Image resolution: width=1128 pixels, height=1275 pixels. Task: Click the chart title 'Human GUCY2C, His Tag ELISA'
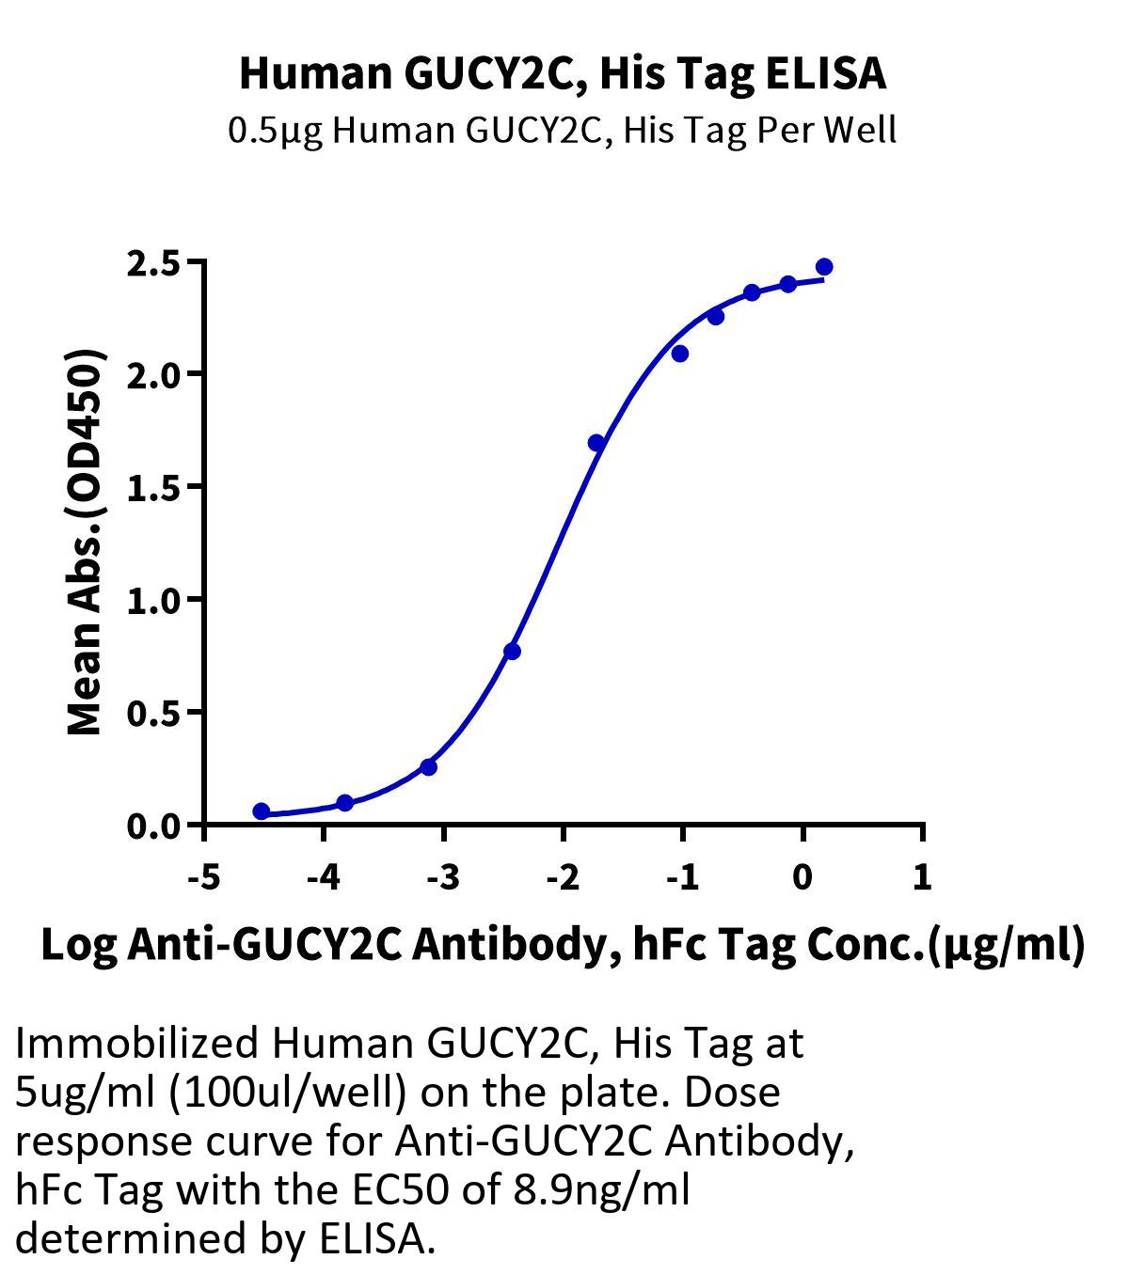[x=563, y=73]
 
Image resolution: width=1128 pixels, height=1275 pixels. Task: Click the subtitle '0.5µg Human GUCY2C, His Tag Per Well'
[x=562, y=130]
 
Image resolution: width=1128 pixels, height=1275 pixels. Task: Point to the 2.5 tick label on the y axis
[x=153, y=263]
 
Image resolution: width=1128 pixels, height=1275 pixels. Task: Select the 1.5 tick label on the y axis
[x=153, y=488]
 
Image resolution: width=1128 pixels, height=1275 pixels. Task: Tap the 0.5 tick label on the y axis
[x=153, y=714]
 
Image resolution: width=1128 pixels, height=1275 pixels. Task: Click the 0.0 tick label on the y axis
[x=153, y=826]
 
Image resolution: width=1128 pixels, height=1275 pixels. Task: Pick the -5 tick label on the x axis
[x=203, y=878]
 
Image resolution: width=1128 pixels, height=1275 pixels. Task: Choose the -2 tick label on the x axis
[x=562, y=878]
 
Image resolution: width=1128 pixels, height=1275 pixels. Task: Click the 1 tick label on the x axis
[x=922, y=878]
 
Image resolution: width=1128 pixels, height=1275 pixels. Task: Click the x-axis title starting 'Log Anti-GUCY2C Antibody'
[x=563, y=945]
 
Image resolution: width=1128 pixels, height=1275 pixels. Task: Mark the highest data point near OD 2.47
[x=824, y=267]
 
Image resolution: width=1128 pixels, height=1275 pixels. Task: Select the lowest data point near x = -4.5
[x=262, y=811]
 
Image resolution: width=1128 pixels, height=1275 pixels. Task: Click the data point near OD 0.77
[x=512, y=652]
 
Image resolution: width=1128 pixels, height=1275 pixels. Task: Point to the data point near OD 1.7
[x=596, y=443]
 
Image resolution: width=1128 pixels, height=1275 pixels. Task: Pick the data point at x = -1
[x=680, y=354]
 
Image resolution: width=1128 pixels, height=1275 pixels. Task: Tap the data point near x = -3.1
[x=429, y=767]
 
